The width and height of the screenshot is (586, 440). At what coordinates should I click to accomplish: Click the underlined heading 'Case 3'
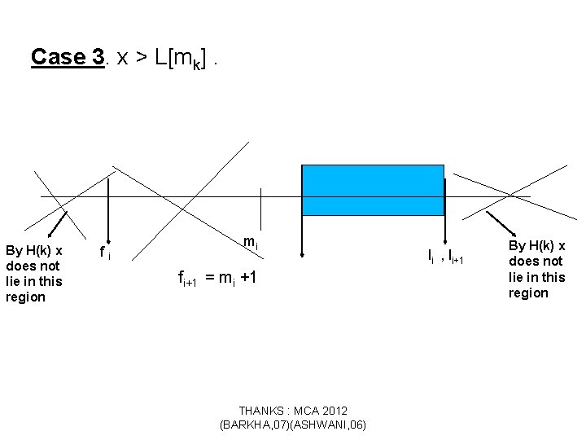click(68, 57)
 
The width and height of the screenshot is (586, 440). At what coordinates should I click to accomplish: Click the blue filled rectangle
click(373, 190)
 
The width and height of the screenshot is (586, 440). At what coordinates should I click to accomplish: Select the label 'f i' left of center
click(104, 253)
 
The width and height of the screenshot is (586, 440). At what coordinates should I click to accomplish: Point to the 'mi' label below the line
click(251, 243)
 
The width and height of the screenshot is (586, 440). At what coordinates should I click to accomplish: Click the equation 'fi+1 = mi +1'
click(218, 278)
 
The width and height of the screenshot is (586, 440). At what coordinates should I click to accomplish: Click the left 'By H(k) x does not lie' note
click(34, 273)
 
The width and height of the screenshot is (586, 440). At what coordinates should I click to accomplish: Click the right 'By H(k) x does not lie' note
click(536, 269)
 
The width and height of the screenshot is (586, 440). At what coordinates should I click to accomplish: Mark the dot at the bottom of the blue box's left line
click(302, 254)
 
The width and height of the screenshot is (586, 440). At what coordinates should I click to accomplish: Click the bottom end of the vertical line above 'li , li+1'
click(445, 236)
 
